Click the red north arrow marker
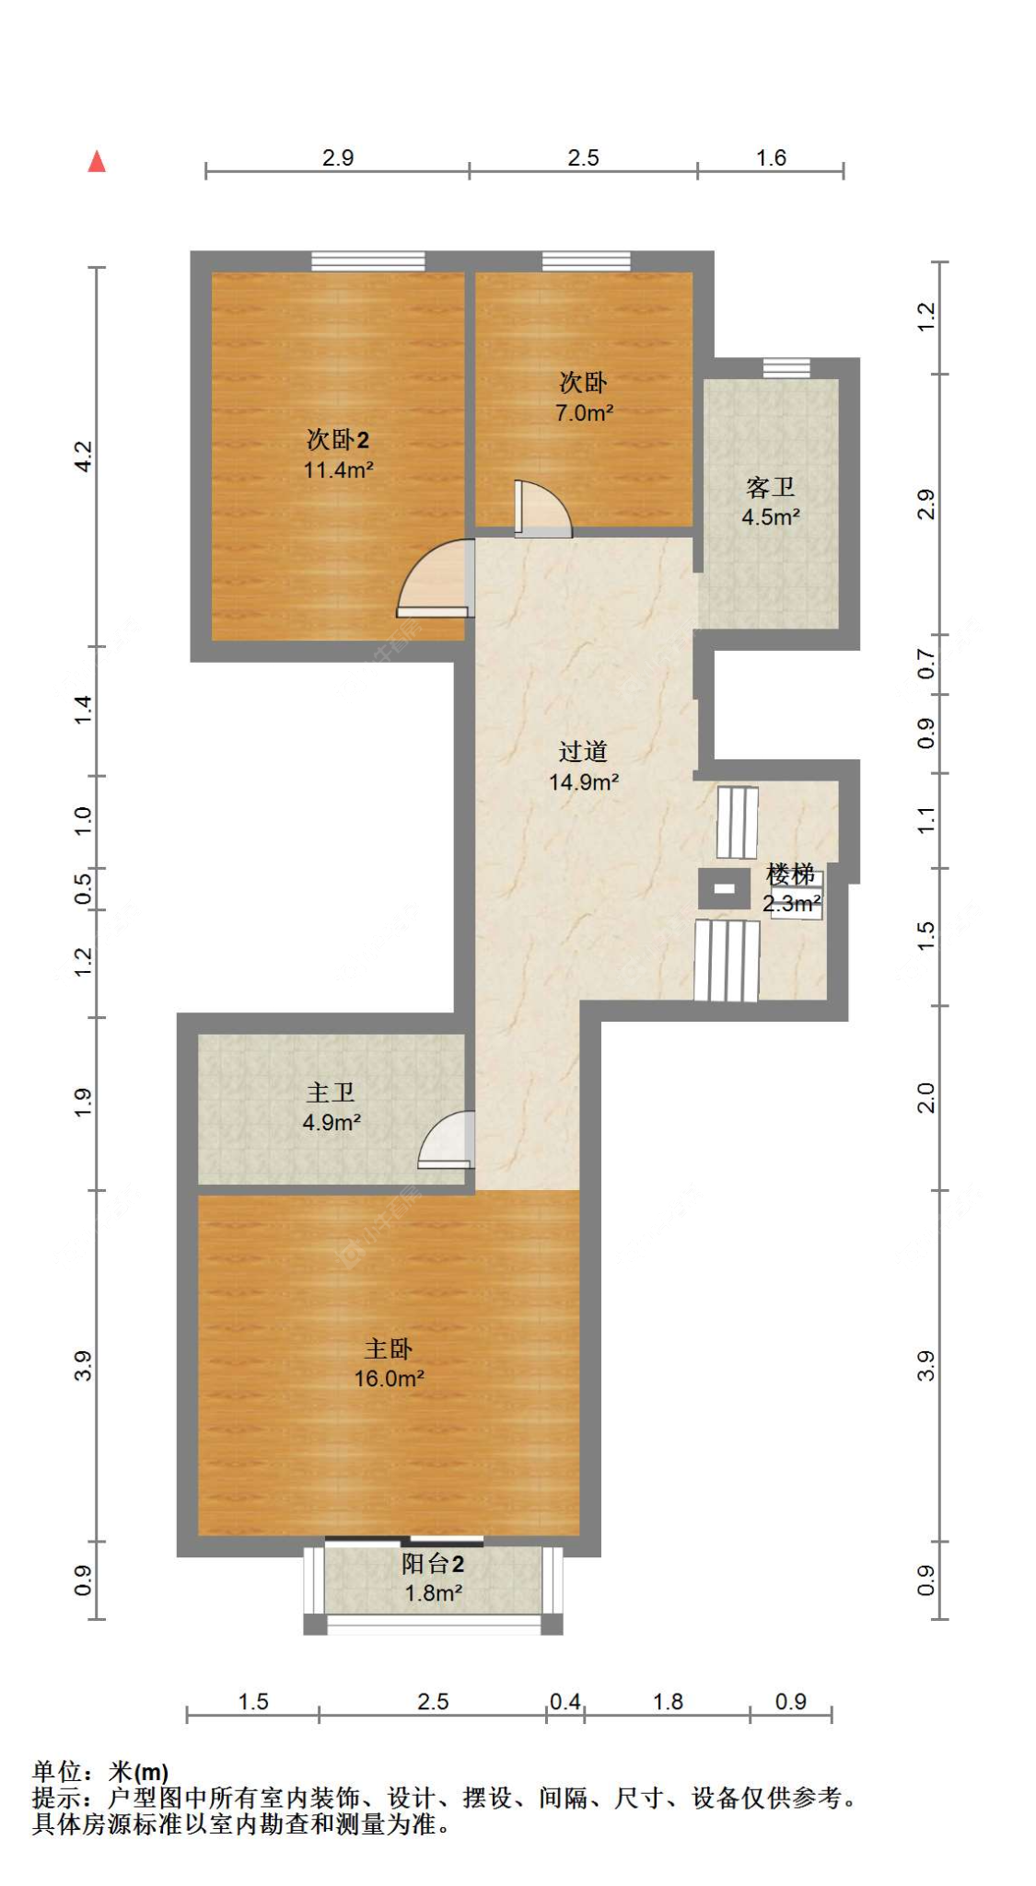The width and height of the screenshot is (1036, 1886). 97,162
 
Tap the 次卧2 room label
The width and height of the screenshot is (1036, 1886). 338,439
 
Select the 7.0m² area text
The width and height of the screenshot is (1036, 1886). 584,413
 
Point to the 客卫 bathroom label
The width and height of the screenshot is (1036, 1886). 770,487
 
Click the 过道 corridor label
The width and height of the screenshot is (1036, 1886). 583,752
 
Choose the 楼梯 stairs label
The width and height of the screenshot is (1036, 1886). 790,874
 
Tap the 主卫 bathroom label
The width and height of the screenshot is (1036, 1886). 331,1093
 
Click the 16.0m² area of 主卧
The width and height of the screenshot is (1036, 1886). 389,1379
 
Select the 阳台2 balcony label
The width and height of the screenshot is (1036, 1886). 433,1564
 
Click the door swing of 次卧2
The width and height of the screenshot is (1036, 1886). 435,578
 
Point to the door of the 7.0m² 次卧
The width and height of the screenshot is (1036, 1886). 542,509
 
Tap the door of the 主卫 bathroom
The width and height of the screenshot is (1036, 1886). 447,1140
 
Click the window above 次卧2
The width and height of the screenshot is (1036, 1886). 368,261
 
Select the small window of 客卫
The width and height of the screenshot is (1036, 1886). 786,368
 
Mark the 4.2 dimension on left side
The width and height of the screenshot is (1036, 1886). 83,457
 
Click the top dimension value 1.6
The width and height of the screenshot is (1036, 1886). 771,158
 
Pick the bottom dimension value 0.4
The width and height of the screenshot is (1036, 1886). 565,1702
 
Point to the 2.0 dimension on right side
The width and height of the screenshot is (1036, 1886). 925,1098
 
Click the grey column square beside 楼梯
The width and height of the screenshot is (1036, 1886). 724,889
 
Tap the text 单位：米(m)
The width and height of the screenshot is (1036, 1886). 100,1772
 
